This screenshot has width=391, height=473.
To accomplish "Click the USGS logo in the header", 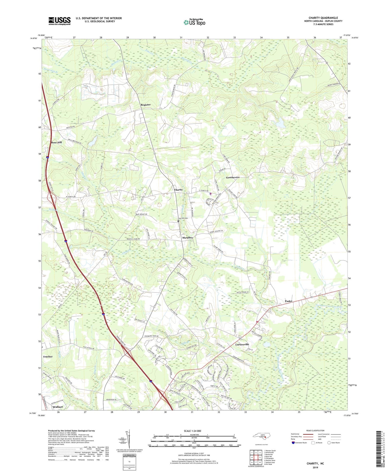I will point(59,21).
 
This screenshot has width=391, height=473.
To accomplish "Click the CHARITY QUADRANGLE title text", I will point(323,18).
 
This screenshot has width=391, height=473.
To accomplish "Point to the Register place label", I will point(145,105).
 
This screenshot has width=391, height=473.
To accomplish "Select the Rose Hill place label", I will point(56,142).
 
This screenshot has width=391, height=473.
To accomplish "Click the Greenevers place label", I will point(233,177).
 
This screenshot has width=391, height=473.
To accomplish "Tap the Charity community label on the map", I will point(178,190).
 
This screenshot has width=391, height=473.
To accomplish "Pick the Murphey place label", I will point(187,238).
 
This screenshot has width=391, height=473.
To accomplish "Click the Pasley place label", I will point(288,301).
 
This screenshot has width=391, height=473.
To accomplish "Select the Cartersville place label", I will point(242,344).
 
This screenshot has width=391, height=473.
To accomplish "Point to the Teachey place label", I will point(48,356).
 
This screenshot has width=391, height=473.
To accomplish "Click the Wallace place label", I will point(58,407).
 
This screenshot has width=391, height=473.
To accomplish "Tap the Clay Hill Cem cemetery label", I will point(183,218).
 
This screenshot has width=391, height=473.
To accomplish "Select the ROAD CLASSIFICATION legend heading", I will point(315,430).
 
